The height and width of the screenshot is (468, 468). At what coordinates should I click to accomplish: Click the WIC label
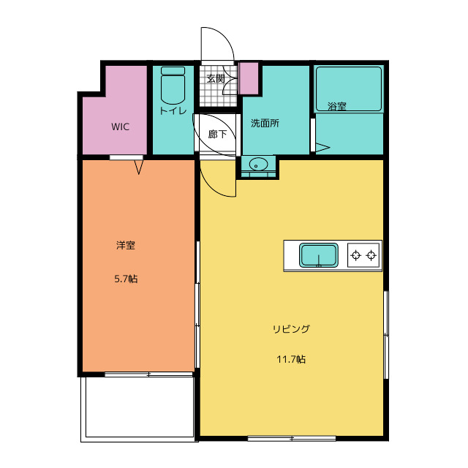pos(120,127)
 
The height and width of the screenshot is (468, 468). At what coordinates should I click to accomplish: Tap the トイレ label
pos(173,110)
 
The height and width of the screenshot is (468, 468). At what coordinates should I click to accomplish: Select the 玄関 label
pos(216,78)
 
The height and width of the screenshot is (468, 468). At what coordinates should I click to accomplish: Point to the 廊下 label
pos(217,134)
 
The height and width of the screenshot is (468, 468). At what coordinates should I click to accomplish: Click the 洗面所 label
pos(265,123)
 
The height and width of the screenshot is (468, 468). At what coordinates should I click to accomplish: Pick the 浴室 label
pos(337,106)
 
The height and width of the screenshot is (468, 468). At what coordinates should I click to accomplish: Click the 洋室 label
pos(126,245)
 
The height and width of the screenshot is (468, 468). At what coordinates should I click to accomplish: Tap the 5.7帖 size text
pos(126,279)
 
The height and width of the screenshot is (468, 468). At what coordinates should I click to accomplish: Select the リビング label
pos(291,329)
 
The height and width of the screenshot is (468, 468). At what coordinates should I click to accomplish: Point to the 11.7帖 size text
pos(291,359)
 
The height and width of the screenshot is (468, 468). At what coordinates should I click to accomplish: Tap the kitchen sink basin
pos(319,255)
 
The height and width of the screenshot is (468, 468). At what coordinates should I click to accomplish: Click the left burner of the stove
pos(356,255)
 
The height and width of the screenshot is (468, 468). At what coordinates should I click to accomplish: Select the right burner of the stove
pos(371,255)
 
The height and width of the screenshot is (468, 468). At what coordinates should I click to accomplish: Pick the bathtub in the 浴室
pos(349,89)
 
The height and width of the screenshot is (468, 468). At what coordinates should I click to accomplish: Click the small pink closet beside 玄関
pos(249,78)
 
